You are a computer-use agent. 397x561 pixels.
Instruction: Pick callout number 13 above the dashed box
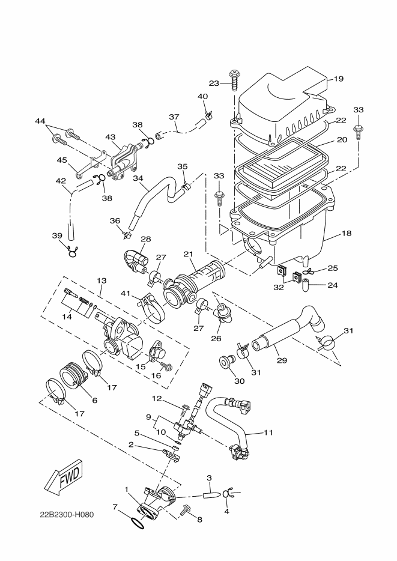click(x=101, y=280)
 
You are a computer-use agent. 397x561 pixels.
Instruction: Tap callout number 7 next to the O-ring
click(x=115, y=508)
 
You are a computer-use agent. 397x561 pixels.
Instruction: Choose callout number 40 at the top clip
click(x=202, y=96)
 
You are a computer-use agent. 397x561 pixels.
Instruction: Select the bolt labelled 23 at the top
click(x=233, y=79)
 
